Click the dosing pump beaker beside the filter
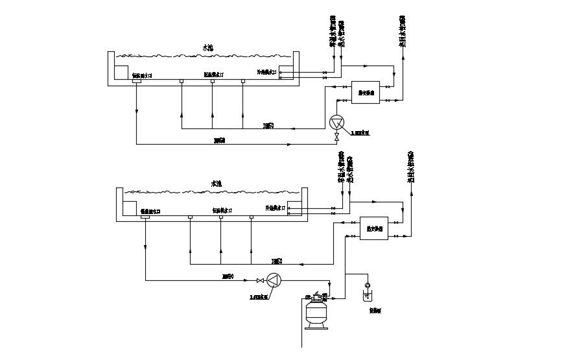(368, 296)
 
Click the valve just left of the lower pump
(259, 280)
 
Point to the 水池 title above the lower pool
(217, 184)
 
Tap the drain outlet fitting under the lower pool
(145, 217)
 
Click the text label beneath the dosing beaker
(375, 310)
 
